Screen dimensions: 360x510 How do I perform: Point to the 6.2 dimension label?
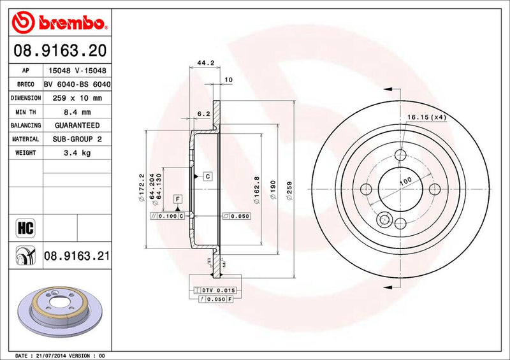[203, 113]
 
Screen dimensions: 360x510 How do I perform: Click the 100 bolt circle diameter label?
[405, 182]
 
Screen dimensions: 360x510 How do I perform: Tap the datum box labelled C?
[208, 175]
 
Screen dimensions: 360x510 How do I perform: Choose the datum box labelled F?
[177, 199]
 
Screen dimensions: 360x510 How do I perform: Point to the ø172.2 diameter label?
[141, 189]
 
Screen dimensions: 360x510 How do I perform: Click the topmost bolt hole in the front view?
[400, 155]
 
